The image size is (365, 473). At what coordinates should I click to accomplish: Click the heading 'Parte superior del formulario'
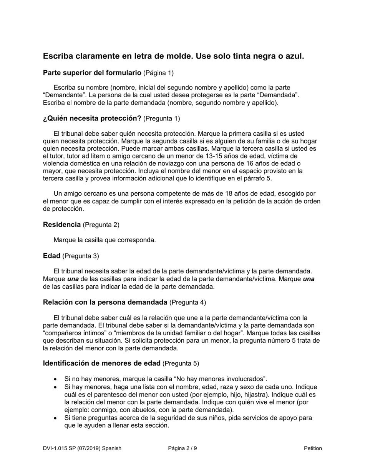click(92, 73)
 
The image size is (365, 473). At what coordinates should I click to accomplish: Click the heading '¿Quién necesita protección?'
click(92, 118)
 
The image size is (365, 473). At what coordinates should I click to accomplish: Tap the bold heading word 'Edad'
click(51, 256)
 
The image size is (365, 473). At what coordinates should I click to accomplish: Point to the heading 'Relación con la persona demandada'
click(105, 302)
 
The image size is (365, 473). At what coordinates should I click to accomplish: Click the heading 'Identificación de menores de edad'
click(102, 363)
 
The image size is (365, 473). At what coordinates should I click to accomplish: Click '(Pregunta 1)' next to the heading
click(161, 118)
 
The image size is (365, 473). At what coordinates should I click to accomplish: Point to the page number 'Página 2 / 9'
click(182, 448)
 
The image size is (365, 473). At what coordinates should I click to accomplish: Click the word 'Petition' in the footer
click(313, 448)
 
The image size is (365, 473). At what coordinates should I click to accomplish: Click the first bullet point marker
click(56, 379)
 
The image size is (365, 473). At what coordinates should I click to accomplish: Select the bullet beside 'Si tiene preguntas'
click(56, 418)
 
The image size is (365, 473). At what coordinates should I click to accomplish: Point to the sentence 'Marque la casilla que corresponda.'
click(105, 240)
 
